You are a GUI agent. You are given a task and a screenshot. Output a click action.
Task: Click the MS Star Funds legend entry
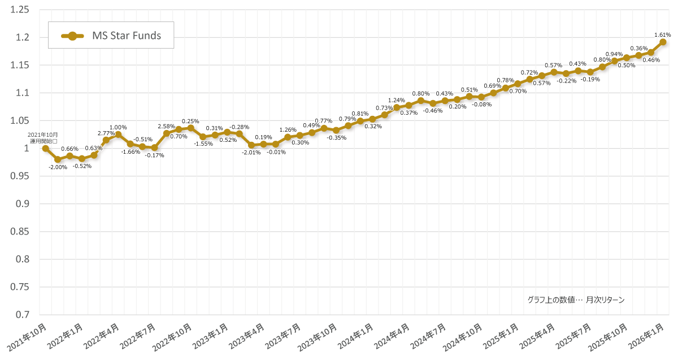111,36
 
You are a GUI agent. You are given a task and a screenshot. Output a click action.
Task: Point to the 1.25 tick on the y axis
20,10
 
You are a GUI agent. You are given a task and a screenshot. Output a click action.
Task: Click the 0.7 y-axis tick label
22,314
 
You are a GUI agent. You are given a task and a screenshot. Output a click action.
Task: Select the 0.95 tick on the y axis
20,176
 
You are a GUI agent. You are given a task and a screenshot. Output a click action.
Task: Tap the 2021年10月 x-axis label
28,337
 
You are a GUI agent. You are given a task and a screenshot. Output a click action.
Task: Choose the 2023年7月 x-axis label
283,337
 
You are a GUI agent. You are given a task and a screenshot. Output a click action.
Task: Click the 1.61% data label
662,34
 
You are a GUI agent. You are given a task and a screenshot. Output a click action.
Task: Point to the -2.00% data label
58,167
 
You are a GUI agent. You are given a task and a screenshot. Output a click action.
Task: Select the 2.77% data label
106,133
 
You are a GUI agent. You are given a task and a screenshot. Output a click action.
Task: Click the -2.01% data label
251,153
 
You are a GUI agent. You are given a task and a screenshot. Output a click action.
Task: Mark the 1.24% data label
397,100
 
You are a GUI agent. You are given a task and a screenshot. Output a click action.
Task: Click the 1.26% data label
288,130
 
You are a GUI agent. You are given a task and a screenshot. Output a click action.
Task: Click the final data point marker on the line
663,42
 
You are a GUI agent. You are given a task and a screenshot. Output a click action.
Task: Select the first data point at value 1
45,149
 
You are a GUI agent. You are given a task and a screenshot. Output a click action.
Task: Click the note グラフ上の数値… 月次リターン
576,300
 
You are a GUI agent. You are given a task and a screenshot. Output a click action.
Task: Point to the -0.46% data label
433,111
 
